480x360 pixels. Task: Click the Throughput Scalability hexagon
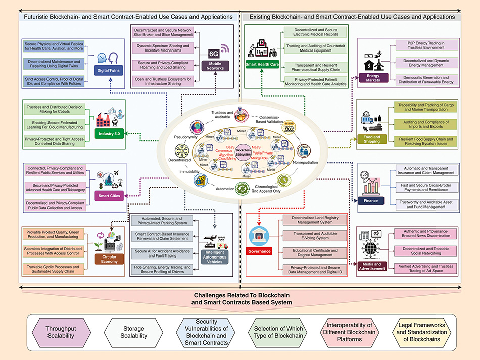pos(60,332)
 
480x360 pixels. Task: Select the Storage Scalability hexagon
pos(134,332)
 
